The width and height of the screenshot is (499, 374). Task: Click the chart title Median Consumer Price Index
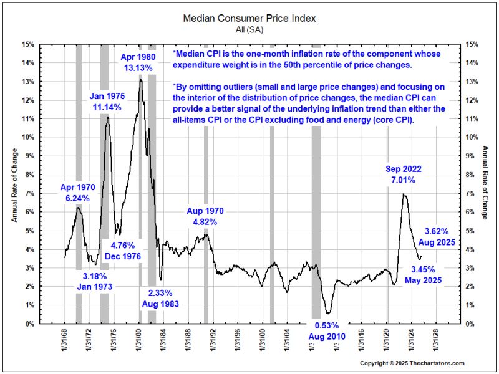point(249,18)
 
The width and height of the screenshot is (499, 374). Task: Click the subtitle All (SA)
point(249,29)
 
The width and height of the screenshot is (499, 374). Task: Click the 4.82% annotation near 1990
point(205,216)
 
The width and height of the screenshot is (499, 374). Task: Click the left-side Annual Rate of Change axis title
point(14,184)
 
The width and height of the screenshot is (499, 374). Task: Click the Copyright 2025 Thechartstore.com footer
point(412,363)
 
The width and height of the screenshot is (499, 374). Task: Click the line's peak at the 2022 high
point(404,194)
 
